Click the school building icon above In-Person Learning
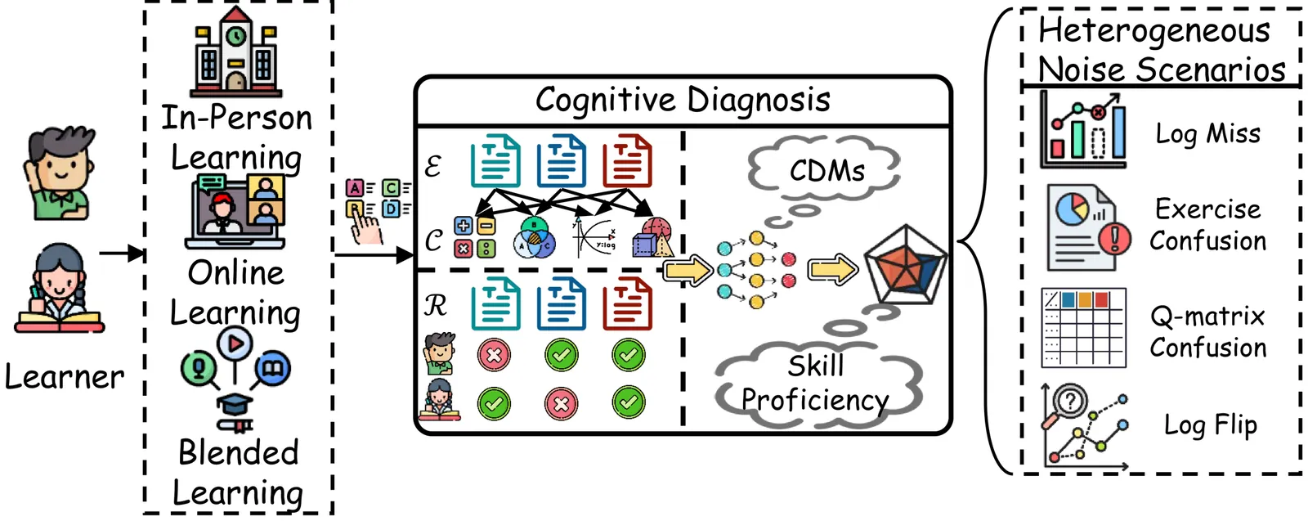tap(235, 52)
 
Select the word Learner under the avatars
tap(64, 377)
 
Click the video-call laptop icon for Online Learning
tap(235, 211)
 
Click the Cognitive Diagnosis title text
tap(683, 101)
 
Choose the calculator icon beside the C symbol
tap(474, 237)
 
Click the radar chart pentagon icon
tap(905, 263)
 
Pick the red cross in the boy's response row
tap(494, 355)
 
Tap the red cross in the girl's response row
tap(561, 403)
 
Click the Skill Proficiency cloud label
tap(816, 384)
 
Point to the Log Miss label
tap(1207, 133)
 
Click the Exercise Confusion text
tap(1207, 225)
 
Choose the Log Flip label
tap(1210, 425)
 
